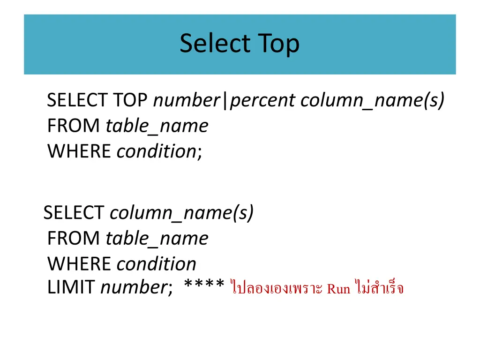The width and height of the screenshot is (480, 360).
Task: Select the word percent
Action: click(262, 100)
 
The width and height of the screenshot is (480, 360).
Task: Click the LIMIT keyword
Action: click(71, 287)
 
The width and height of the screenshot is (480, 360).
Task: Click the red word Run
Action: click(338, 288)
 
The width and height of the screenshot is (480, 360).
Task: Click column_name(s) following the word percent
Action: click(372, 100)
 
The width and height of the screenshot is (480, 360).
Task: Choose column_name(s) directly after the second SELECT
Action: click(181, 213)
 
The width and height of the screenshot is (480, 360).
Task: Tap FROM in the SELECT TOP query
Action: click(74, 126)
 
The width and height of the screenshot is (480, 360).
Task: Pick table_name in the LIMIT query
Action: click(157, 239)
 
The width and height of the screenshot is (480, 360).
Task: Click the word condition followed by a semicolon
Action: click(156, 151)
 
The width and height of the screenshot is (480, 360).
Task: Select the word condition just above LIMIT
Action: click(156, 264)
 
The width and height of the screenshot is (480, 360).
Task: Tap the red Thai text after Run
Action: click(379, 287)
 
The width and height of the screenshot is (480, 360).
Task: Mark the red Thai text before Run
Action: click(277, 287)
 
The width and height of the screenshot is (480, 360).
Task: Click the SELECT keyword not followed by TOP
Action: click(74, 213)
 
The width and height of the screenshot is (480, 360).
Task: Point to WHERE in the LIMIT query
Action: click(79, 264)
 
